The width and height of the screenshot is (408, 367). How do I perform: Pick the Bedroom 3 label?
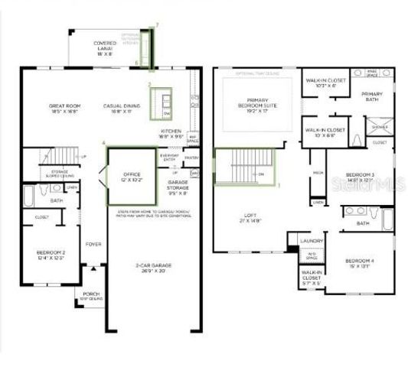click(360, 177)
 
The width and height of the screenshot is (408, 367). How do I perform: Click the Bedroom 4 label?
click(358, 261)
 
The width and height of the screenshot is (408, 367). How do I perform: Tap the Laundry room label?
click(312, 241)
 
